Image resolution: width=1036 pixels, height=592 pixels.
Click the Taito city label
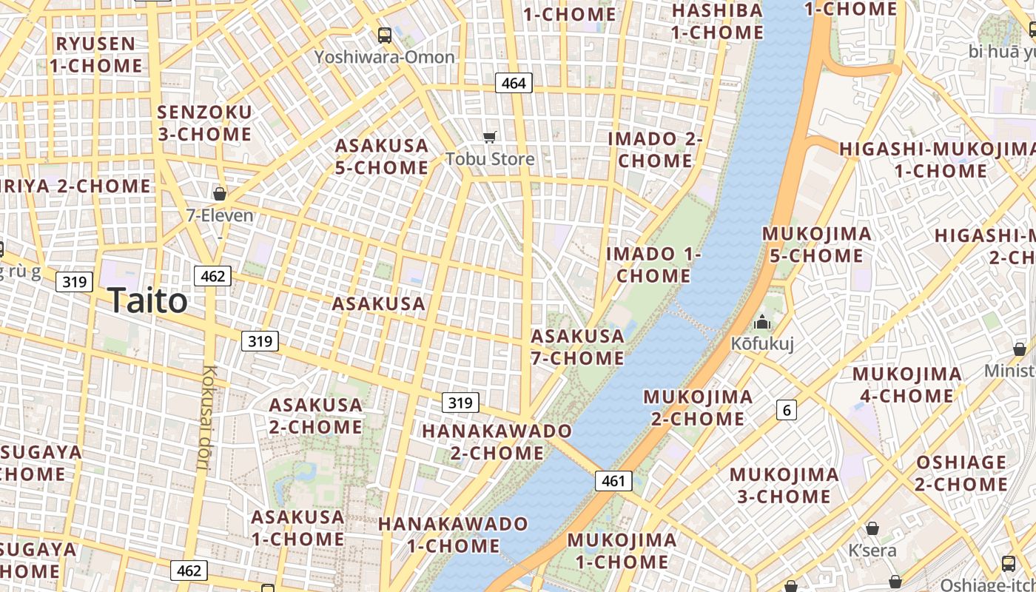tap(147, 300)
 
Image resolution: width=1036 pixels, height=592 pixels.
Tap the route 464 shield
tap(514, 83)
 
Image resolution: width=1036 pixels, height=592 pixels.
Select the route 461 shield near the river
tap(613, 481)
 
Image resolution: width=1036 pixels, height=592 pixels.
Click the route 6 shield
tap(786, 409)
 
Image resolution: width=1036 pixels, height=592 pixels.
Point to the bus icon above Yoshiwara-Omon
tap(384, 35)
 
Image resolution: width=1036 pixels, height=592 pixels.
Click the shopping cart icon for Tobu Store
tap(489, 137)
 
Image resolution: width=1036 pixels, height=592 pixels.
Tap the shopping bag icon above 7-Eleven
tap(219, 194)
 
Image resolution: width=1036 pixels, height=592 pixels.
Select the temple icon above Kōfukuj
tap(761, 323)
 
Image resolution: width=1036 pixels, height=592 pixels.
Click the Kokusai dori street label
tap(206, 418)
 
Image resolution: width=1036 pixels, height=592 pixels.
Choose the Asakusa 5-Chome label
tap(382, 157)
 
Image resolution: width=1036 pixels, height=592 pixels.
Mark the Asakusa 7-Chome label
tap(578, 347)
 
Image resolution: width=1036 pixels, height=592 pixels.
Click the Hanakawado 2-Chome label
tap(497, 442)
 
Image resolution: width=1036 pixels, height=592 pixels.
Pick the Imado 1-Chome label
tap(653, 265)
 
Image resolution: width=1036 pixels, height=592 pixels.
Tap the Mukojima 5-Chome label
tap(816, 245)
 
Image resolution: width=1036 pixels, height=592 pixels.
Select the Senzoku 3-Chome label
tap(205, 123)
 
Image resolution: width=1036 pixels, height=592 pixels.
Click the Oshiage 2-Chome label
tap(961, 474)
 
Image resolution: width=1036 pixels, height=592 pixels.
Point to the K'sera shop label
tap(872, 551)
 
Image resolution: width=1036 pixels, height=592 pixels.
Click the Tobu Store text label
tap(489, 158)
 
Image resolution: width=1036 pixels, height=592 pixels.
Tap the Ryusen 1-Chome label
tap(95, 55)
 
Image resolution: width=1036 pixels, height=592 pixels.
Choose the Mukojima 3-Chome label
tap(784, 485)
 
